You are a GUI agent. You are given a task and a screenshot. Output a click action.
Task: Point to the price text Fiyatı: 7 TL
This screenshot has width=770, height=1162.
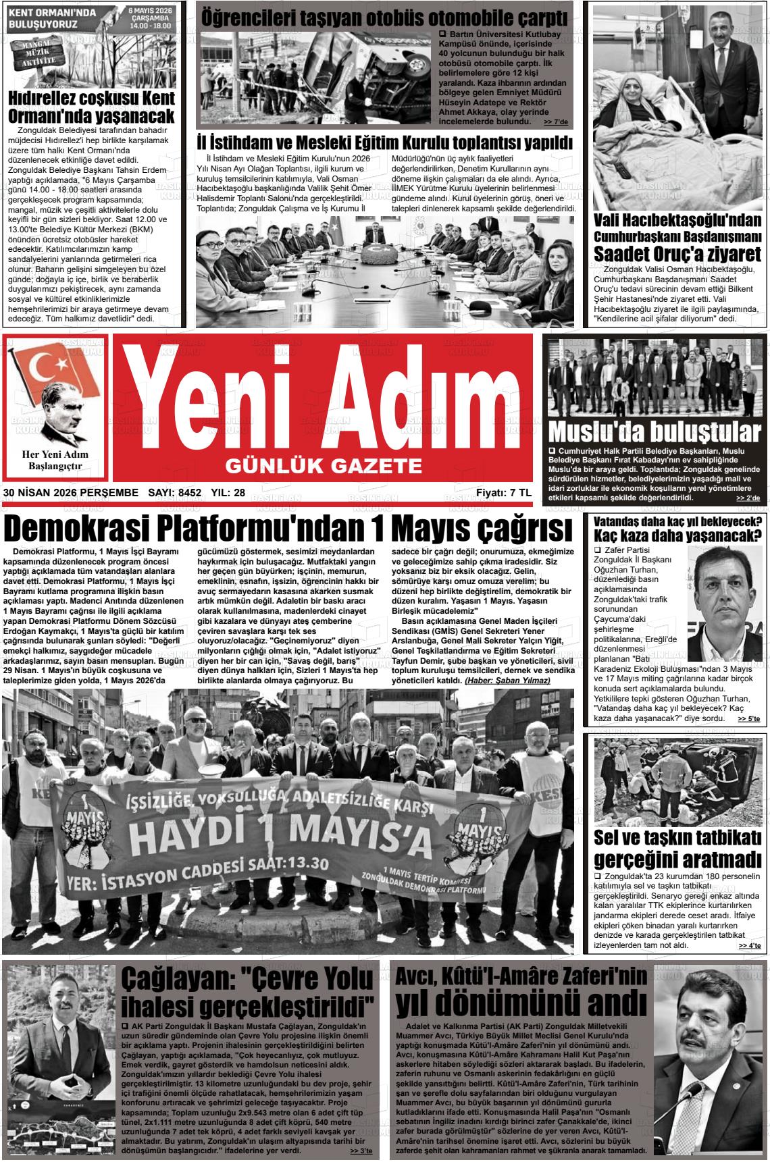[x=503, y=493]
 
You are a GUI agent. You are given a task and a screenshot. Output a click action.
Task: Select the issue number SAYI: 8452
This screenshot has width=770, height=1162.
[x=174, y=493]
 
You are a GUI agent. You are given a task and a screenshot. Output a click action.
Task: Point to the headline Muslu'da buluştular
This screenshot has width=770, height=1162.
[x=654, y=431]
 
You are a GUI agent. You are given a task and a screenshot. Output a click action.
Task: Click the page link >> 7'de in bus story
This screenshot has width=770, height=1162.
[x=555, y=122]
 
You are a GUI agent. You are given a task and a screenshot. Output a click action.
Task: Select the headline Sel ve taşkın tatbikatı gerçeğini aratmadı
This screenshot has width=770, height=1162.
[x=677, y=849]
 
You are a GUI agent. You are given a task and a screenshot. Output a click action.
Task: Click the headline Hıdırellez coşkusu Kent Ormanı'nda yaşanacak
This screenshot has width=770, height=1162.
[x=92, y=106]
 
